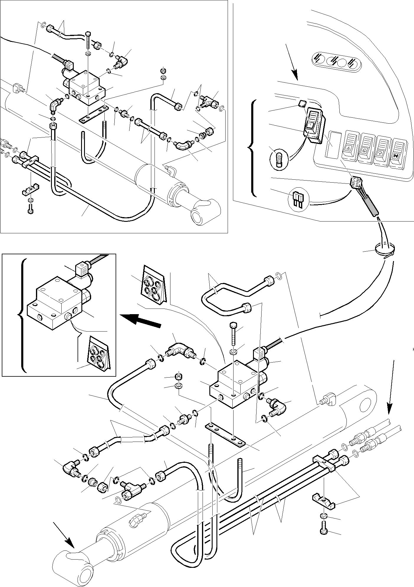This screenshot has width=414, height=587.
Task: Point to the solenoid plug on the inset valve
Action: pyautogui.click(x=82, y=270)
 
